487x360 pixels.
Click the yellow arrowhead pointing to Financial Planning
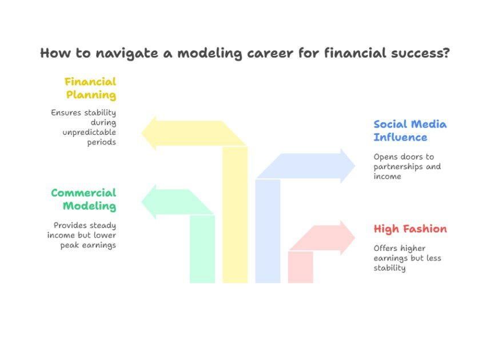149,133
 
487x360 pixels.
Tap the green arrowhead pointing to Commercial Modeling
149,202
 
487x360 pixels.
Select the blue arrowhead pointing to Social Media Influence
348,166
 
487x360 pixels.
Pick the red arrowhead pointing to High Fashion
348,238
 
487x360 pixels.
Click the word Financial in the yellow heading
90,82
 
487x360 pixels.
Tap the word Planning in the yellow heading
91,95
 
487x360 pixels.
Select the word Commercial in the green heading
83,193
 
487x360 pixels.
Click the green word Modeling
89,206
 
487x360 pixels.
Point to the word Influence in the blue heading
400,137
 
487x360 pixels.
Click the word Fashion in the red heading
425,229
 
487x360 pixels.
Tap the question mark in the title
446,53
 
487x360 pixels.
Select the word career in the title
270,53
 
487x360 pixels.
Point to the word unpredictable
89,133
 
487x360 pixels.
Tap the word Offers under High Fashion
385,248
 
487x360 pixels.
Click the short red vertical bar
300,267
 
